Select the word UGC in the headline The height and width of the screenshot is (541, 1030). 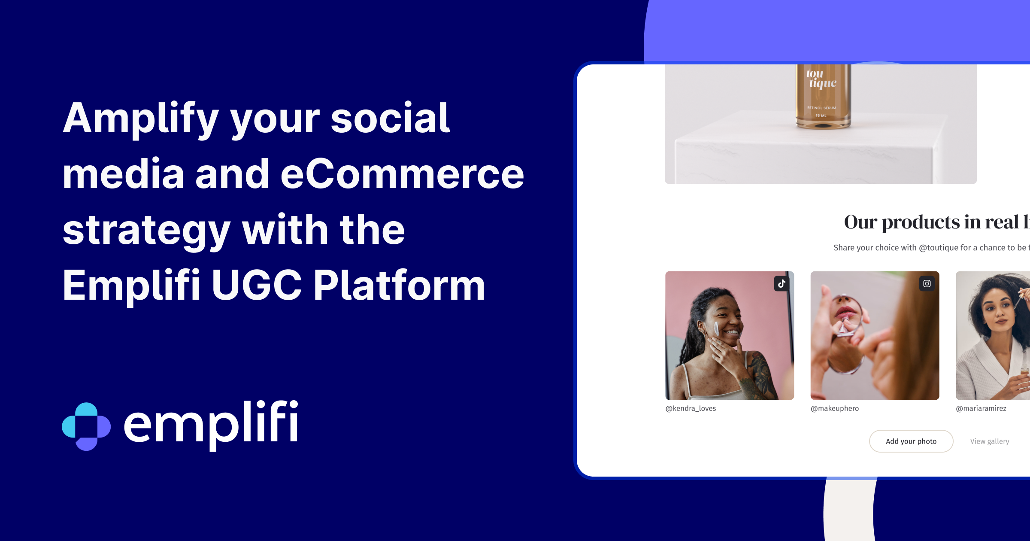tap(256, 286)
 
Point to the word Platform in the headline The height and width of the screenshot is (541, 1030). tap(399, 286)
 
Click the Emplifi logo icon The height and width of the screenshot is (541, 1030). tap(86, 426)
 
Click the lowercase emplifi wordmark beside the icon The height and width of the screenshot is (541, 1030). tap(211, 423)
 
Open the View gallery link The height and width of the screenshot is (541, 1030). tap(989, 441)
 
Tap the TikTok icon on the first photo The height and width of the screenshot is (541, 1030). tap(782, 284)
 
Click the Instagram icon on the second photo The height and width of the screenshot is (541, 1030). tap(927, 284)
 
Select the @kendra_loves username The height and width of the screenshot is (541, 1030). tap(691, 408)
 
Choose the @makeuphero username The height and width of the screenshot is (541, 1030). tap(835, 408)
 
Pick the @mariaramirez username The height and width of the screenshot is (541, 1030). tap(981, 408)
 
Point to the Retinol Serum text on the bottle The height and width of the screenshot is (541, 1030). tap(821, 108)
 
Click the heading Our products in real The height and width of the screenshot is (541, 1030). tap(936, 222)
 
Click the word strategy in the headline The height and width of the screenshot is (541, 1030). tap(146, 231)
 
